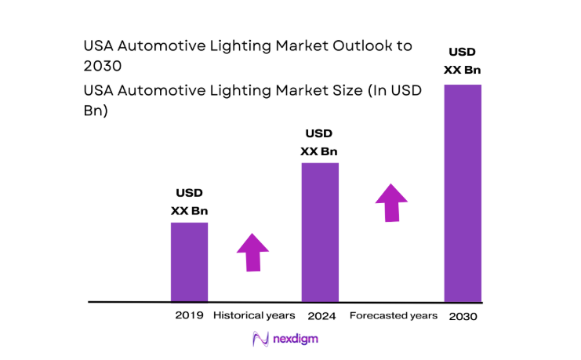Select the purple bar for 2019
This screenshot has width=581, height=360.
(189, 262)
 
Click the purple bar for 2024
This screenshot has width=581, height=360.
(320, 232)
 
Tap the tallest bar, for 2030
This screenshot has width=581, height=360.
(463, 193)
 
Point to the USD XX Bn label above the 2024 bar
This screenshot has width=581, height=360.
(320, 143)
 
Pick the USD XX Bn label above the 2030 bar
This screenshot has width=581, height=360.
(463, 61)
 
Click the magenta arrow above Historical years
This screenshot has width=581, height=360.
(252, 253)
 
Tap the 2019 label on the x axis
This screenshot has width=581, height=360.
(189, 315)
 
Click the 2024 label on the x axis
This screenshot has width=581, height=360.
(321, 315)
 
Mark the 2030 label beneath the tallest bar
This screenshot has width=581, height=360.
(463, 316)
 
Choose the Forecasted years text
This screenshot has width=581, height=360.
(393, 315)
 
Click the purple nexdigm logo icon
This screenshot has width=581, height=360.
(260, 339)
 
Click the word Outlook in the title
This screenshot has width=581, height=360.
(361, 45)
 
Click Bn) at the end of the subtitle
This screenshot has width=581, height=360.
(96, 111)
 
